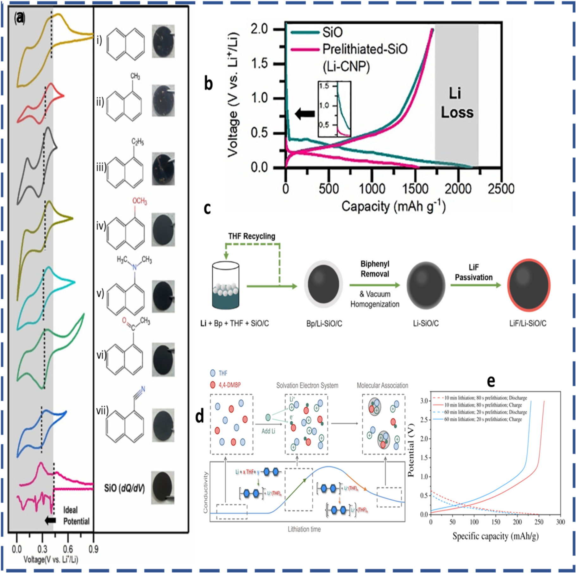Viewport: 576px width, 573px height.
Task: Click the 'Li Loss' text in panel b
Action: coord(457,103)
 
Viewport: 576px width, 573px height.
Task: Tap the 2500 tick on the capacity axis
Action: coord(501,189)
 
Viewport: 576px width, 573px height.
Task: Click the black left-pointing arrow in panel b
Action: coord(304,114)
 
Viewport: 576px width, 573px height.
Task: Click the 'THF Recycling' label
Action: coord(252,236)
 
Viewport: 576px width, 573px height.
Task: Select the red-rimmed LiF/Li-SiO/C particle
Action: coord(529,285)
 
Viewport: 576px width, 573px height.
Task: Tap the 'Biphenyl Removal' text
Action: coord(375,269)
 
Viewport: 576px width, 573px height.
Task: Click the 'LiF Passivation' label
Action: coord(473,272)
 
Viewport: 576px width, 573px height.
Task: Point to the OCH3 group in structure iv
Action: coord(140,201)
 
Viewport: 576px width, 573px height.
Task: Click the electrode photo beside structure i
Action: coord(163,41)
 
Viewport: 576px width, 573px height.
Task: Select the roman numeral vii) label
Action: coord(102,411)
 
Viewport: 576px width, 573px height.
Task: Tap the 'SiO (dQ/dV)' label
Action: coord(124,488)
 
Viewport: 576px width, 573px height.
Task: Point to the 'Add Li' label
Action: coord(268,431)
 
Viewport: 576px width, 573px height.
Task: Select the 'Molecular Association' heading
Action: coord(382,386)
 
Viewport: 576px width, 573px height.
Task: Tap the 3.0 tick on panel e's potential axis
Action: coord(424,401)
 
